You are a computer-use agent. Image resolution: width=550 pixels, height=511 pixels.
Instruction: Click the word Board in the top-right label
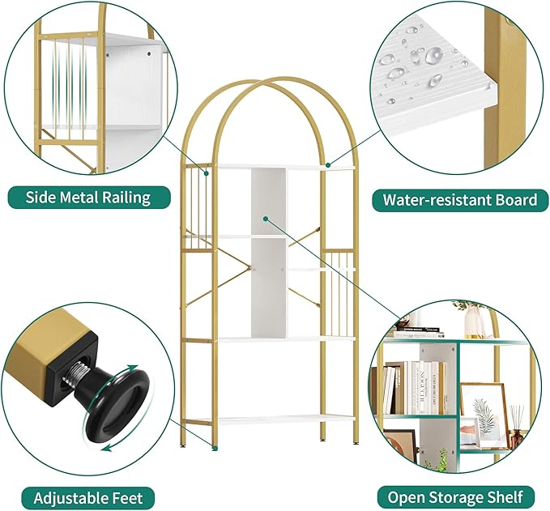click(x=515, y=199)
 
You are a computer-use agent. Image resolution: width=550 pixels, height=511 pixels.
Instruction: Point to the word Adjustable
click(x=65, y=496)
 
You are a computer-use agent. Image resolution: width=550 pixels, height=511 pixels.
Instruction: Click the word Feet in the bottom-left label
click(x=134, y=496)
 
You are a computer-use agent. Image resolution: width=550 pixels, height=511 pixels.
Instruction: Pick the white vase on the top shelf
click(x=474, y=322)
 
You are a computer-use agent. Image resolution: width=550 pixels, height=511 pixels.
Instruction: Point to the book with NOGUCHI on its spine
click(x=422, y=387)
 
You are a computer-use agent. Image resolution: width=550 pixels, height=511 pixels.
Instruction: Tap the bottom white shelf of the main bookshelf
click(x=270, y=419)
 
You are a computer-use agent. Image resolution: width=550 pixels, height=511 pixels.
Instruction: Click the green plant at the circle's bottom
click(x=441, y=461)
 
